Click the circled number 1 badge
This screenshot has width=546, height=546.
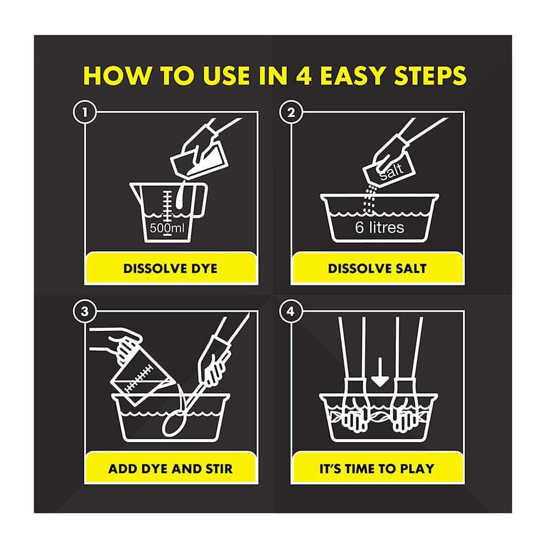(85, 112)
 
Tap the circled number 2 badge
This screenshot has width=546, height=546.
(291, 112)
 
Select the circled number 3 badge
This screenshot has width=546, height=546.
(85, 311)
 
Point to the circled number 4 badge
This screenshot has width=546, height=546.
(291, 311)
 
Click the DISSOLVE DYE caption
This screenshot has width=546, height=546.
(170, 269)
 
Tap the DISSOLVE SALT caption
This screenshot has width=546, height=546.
(377, 269)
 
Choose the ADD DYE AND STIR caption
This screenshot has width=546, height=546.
(170, 468)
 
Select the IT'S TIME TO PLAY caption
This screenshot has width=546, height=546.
(377, 468)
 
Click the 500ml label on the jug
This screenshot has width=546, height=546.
(167, 228)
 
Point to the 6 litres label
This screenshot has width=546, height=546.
(379, 227)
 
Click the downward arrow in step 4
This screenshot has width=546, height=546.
(379, 372)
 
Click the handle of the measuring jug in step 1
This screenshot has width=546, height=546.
(200, 200)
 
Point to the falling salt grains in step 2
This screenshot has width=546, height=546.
(370, 199)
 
